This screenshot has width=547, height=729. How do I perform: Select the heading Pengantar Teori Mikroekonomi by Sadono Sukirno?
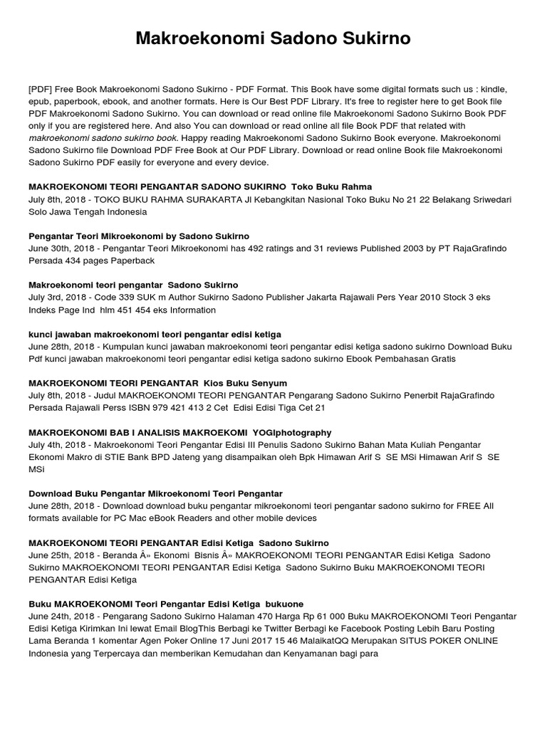[138, 236]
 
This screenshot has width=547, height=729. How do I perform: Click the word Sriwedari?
[482, 199]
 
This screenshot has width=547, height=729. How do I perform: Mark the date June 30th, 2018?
[61, 248]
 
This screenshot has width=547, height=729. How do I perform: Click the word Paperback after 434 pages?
[131, 261]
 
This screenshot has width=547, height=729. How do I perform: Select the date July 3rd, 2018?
[58, 298]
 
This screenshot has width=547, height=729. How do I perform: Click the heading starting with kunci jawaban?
[155, 334]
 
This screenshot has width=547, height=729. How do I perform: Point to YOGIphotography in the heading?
[288, 432]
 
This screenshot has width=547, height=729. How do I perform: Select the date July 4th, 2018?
[58, 445]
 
